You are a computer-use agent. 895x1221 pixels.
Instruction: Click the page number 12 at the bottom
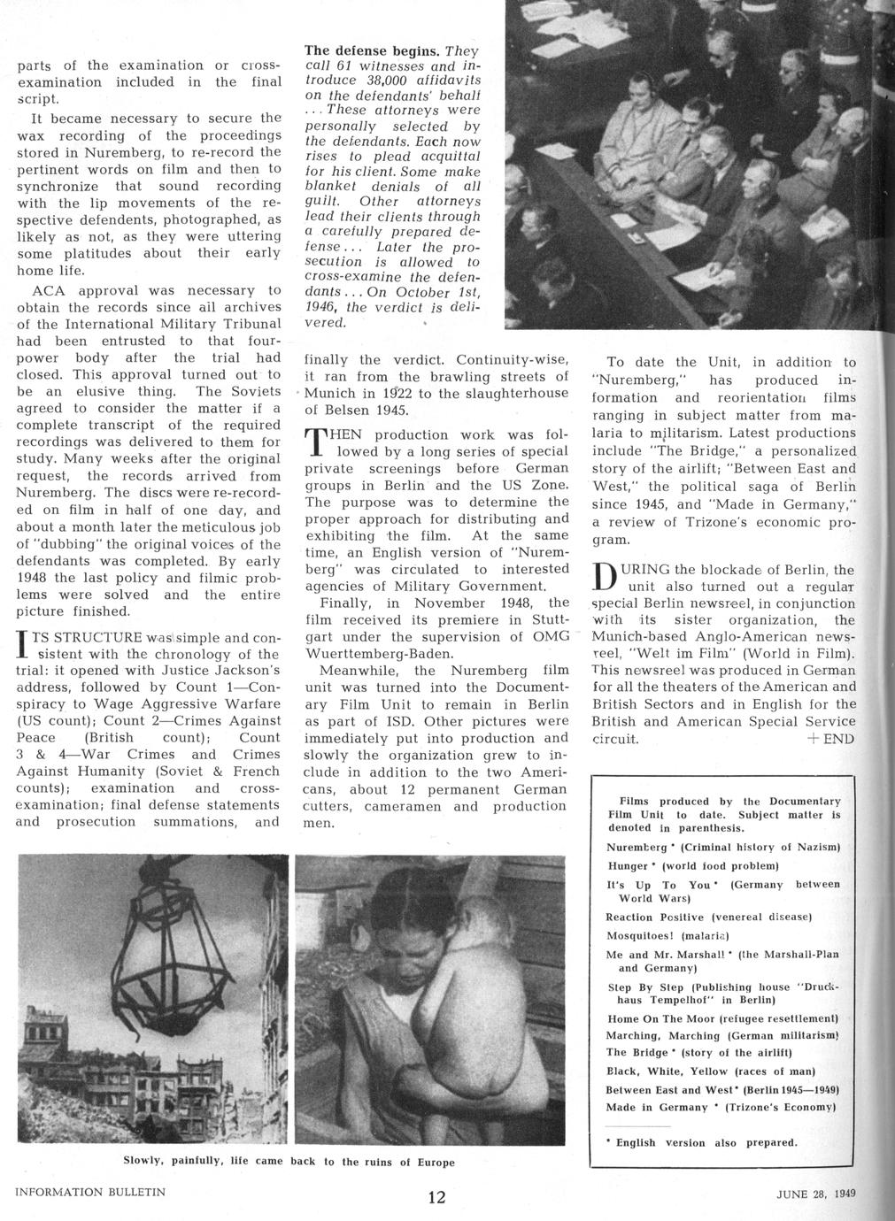pos(436,1198)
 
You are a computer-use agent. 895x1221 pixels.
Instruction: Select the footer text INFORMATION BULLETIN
pos(90,1192)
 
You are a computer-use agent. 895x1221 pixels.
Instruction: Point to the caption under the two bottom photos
pos(289,1161)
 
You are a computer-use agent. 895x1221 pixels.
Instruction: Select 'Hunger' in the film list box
pos(628,865)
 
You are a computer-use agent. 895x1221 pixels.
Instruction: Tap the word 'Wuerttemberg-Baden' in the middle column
pos(375,653)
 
